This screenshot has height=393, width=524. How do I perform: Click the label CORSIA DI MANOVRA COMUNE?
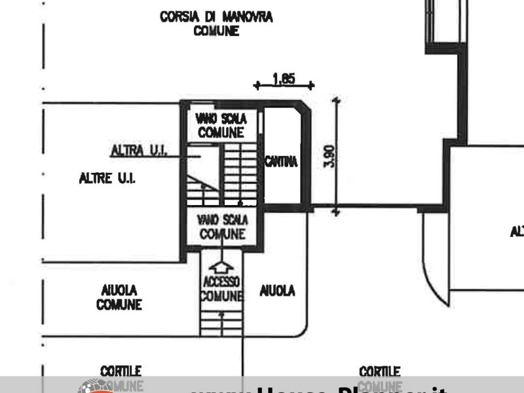(216, 24)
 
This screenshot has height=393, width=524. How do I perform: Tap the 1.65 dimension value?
(284, 79)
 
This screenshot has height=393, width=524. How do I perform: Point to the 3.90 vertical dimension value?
(330, 156)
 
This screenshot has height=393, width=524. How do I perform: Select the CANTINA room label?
(281, 160)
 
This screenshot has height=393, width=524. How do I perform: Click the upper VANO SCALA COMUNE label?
(221, 126)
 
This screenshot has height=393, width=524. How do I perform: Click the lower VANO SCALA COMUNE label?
(222, 228)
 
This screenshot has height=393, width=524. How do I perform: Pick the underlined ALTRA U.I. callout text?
(139, 151)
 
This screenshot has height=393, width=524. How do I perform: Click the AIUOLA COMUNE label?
(119, 297)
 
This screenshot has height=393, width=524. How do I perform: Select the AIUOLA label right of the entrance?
(278, 290)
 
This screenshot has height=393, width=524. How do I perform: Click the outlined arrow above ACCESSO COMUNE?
(221, 267)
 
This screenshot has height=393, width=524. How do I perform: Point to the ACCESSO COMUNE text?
(221, 289)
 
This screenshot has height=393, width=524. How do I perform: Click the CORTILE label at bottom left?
(121, 372)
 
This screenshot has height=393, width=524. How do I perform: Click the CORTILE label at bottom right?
(380, 372)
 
